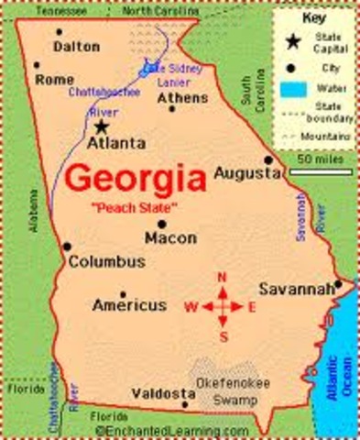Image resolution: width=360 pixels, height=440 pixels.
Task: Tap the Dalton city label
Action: pyautogui.click(x=76, y=45)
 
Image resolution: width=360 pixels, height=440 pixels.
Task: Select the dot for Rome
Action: pyautogui.click(x=37, y=66)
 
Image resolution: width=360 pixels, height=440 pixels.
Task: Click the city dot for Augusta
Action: pyautogui.click(x=268, y=159)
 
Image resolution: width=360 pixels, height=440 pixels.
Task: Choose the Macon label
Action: pyautogui.click(x=170, y=237)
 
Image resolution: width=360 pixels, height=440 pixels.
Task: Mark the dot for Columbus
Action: pyautogui.click(x=67, y=246)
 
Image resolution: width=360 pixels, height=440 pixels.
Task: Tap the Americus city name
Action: pyautogui.click(x=129, y=304)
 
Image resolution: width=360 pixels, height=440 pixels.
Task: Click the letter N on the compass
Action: pyautogui.click(x=221, y=277)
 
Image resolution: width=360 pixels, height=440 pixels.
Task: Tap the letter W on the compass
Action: pyautogui.click(x=191, y=307)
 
